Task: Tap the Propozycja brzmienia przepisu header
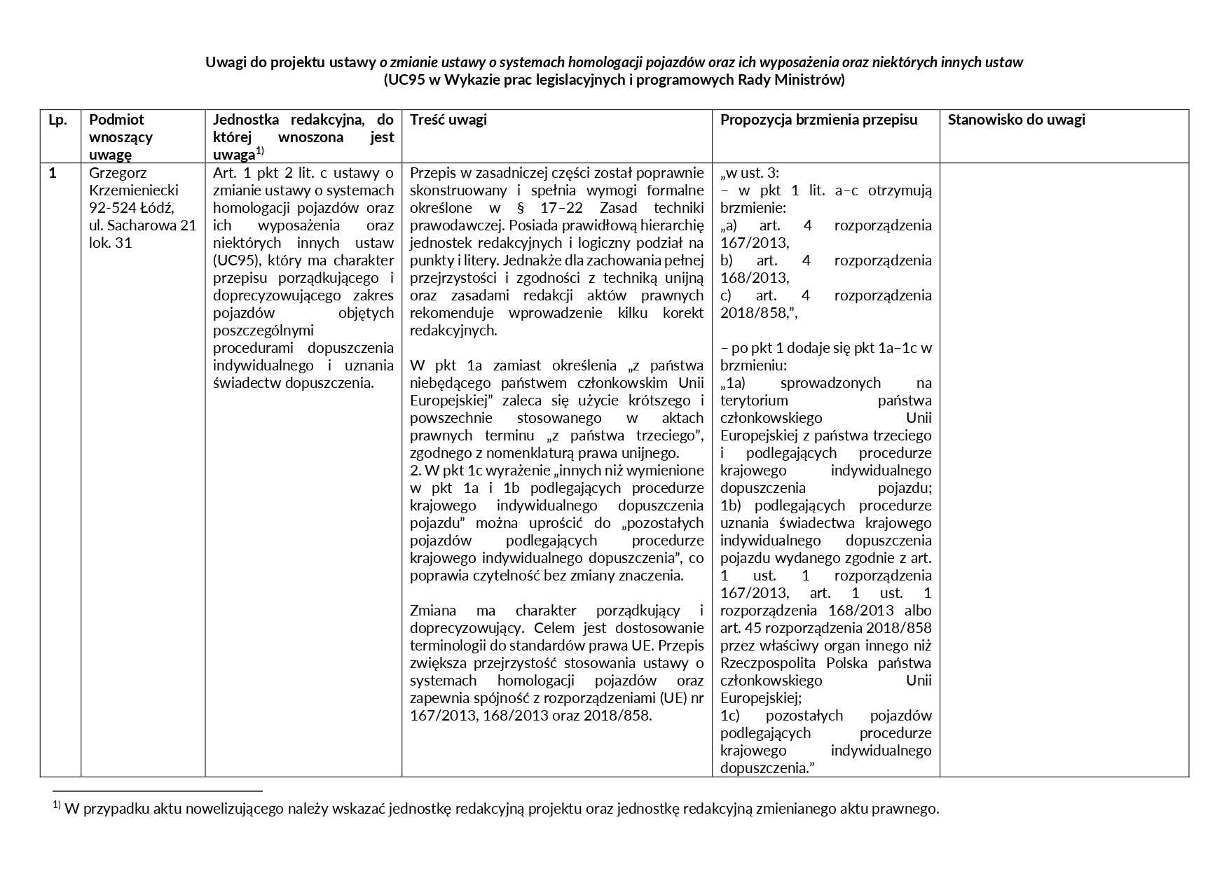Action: pos(819,120)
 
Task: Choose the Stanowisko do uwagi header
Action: pos(1016,120)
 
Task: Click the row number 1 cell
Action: pos(53,173)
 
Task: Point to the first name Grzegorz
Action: pos(118,173)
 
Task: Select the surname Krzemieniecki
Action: pos(134,190)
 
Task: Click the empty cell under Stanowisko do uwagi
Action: pos(1064,469)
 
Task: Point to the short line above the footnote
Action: pos(157,791)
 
